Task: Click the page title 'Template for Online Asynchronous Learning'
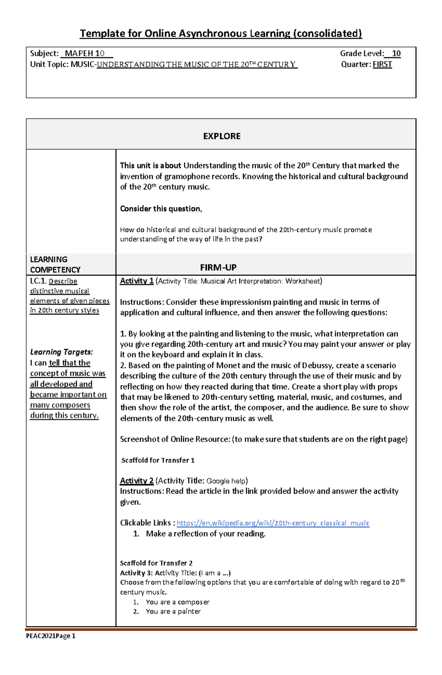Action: pyautogui.click(x=221, y=33)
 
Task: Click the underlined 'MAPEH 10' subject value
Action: pyautogui.click(x=85, y=53)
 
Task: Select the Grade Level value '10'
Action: pyautogui.click(x=396, y=53)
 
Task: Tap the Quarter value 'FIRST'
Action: pyautogui.click(x=382, y=64)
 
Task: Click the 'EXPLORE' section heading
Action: pyautogui.click(x=221, y=136)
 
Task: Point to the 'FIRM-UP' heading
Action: pyautogui.click(x=218, y=267)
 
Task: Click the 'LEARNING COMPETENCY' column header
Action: pyautogui.click(x=55, y=264)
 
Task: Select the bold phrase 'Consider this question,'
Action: pyautogui.click(x=161, y=209)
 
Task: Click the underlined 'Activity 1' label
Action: pyautogui.click(x=136, y=281)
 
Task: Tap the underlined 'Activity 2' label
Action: pyautogui.click(x=136, y=481)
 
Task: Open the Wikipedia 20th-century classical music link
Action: pyautogui.click(x=273, y=523)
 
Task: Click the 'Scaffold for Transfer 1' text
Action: pyautogui.click(x=158, y=460)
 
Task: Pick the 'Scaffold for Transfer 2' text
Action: pyautogui.click(x=156, y=563)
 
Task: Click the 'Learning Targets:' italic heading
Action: pyautogui.click(x=61, y=352)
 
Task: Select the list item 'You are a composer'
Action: pyautogui.click(x=177, y=602)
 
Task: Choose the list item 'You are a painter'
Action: pyautogui.click(x=173, y=611)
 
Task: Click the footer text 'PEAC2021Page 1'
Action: pyautogui.click(x=50, y=636)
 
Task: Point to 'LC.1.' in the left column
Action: pyautogui.click(x=38, y=281)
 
